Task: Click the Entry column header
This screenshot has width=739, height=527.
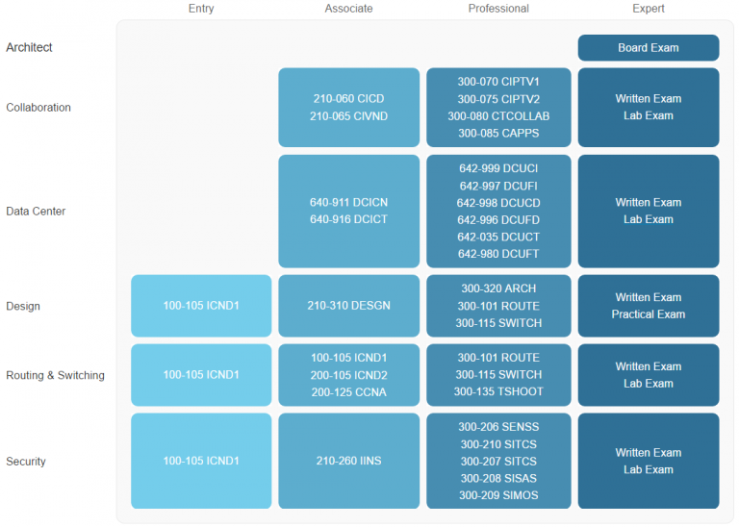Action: (201, 9)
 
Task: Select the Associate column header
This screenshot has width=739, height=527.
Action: (348, 9)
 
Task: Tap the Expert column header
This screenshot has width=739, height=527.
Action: (649, 9)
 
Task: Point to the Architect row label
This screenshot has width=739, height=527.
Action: (29, 47)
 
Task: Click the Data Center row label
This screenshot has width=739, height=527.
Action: (36, 211)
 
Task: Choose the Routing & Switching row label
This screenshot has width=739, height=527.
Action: (55, 375)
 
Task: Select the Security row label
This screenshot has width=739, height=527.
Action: (26, 461)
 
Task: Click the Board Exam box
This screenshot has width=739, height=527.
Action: (649, 47)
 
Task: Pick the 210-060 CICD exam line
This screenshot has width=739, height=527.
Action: (348, 98)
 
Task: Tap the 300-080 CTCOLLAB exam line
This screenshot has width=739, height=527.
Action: (498, 115)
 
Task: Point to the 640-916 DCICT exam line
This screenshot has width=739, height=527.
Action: (348, 219)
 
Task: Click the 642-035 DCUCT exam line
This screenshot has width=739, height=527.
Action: (498, 237)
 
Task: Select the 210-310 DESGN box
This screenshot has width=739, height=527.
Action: (348, 306)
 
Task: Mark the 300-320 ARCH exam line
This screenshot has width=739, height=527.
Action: (498, 289)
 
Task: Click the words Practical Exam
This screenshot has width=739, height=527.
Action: (649, 314)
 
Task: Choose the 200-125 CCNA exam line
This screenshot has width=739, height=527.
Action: (348, 391)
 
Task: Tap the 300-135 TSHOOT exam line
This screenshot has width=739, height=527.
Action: (498, 391)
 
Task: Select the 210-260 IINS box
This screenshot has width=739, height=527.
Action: (348, 461)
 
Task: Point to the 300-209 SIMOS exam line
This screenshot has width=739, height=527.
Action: (498, 495)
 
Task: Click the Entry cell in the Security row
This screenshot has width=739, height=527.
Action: (201, 461)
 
